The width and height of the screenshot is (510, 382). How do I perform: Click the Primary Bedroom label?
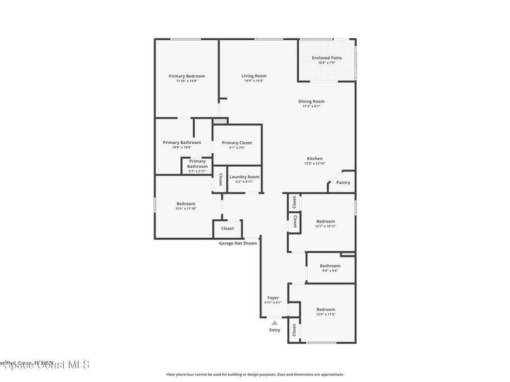(187, 76)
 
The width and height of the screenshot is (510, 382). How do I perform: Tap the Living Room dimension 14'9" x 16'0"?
(254, 81)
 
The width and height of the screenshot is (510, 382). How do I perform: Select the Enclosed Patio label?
(327, 58)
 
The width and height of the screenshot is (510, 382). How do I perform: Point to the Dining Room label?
(311, 101)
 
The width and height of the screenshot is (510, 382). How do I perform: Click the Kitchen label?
(314, 159)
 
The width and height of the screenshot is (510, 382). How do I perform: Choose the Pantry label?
(343, 183)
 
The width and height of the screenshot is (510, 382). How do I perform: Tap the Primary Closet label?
(237, 143)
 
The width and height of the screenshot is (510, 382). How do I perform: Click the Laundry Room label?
(244, 177)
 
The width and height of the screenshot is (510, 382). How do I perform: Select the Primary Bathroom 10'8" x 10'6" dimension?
(181, 147)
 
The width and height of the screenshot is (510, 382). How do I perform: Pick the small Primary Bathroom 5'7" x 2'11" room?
(197, 166)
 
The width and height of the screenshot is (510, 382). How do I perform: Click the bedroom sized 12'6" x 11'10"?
(186, 206)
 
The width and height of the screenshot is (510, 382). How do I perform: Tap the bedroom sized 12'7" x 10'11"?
(326, 224)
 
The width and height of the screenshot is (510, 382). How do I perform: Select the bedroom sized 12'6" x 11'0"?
(326, 312)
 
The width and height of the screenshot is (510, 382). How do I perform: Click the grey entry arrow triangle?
(274, 322)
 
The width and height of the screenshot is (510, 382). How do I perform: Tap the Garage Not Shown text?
(238, 243)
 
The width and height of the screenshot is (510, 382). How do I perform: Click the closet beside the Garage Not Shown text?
(228, 229)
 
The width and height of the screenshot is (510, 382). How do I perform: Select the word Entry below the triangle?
(274, 330)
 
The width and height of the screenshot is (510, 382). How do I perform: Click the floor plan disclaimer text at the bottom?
(255, 375)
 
